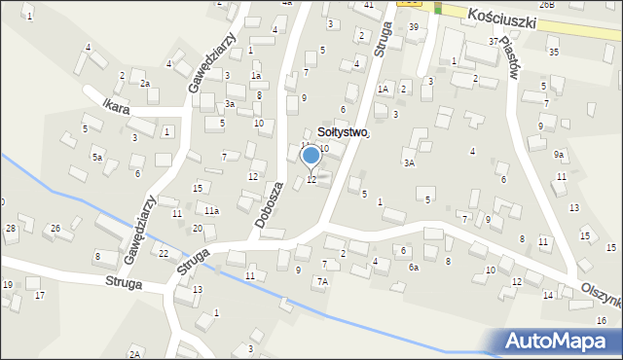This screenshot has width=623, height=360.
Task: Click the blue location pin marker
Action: [311, 156]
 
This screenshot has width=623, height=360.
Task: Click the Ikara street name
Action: [115, 103]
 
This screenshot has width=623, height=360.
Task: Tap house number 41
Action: [369, 5]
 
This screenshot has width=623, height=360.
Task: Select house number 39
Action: [413, 27]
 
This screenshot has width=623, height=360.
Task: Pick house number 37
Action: [494, 41]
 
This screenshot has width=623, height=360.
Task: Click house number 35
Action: [553, 52]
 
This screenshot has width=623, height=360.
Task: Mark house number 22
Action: [164, 253]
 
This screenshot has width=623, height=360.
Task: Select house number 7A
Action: [321, 281]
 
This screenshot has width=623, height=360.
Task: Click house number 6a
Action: [413, 268]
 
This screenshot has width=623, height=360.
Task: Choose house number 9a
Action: [559, 155]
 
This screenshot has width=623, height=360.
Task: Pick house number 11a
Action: [211, 210]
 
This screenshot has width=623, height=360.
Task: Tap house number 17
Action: [40, 295]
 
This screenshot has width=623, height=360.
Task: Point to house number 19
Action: [8, 284]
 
